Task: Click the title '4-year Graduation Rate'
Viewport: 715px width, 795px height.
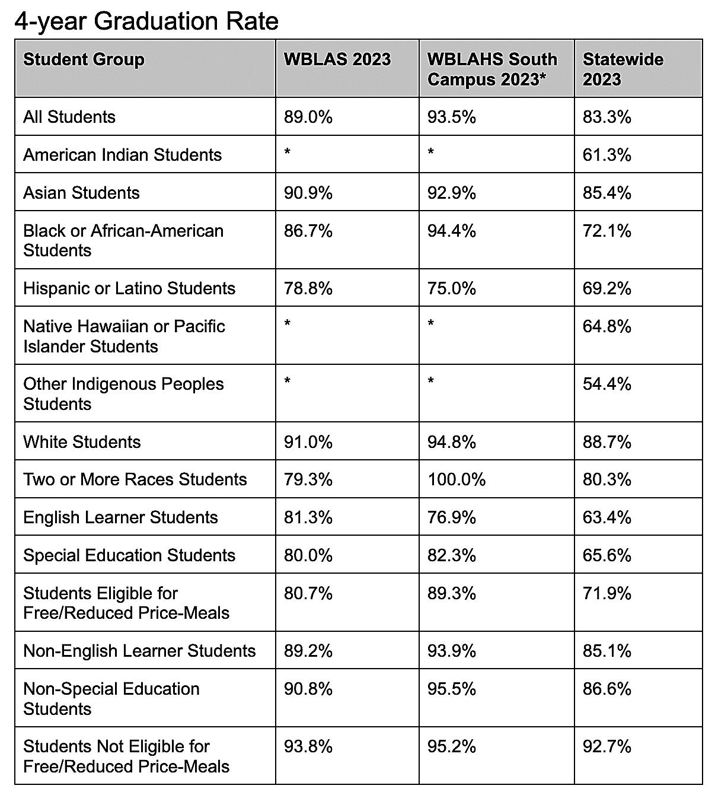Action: click(x=146, y=21)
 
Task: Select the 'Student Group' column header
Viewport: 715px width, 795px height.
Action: click(x=84, y=59)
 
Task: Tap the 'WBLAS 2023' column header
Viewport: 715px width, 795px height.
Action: click(x=337, y=59)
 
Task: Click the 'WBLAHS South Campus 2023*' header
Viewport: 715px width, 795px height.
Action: click(x=492, y=69)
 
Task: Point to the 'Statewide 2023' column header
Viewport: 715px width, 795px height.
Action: click(x=623, y=69)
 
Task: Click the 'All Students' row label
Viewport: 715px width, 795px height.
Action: click(x=69, y=117)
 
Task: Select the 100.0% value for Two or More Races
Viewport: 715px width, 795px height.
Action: click(x=456, y=479)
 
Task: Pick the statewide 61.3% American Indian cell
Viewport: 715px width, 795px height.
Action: click(x=607, y=155)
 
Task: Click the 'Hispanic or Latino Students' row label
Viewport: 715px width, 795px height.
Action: click(x=129, y=288)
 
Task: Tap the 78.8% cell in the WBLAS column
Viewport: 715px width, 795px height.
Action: click(x=308, y=288)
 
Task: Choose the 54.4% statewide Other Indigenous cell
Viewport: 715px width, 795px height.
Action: click(x=607, y=384)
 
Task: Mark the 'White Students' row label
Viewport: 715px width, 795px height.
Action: click(x=82, y=442)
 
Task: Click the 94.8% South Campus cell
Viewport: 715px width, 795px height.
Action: click(x=452, y=442)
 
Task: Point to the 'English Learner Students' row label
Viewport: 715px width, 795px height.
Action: click(x=120, y=517)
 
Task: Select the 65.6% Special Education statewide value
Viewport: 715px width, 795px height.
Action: click(x=607, y=555)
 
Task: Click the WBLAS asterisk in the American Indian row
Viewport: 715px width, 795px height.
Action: click(x=288, y=152)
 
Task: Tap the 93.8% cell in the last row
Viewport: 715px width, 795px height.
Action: click(x=308, y=746)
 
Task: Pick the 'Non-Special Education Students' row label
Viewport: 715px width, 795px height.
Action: click(x=111, y=698)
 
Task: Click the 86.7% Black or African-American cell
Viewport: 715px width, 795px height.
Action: click(x=308, y=231)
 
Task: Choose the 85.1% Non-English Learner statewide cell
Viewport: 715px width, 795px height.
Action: click(x=607, y=651)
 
